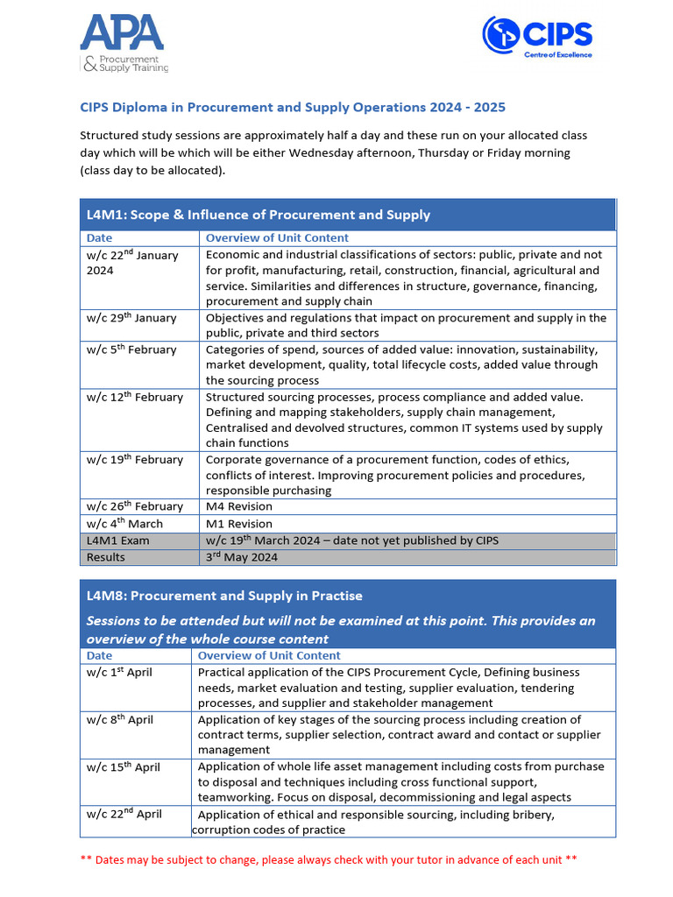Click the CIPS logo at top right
(x=537, y=37)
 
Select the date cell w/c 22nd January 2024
(x=131, y=263)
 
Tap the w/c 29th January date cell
(x=131, y=318)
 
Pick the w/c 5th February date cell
(x=131, y=350)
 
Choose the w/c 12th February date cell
(x=134, y=397)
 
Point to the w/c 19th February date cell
(x=134, y=460)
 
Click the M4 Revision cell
(x=239, y=506)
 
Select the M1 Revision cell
(x=239, y=524)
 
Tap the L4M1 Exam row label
(x=118, y=540)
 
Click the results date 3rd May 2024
(x=242, y=557)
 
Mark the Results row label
(x=106, y=557)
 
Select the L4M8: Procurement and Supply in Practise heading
(x=224, y=596)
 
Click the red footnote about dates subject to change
(x=329, y=859)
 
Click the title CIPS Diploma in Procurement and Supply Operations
(x=293, y=108)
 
